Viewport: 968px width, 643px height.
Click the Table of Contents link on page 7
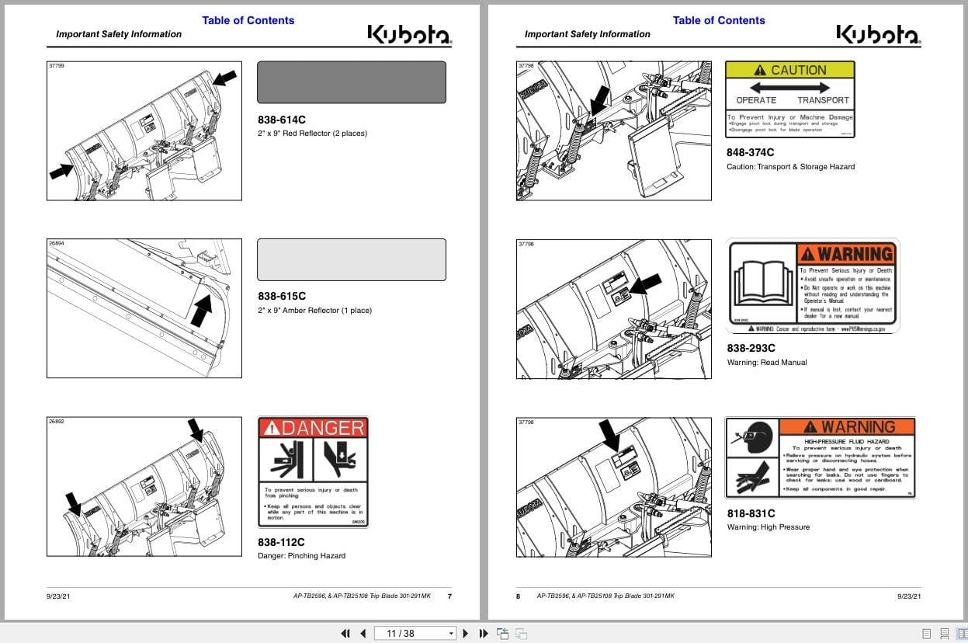click(248, 20)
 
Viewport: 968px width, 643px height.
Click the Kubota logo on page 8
click(877, 34)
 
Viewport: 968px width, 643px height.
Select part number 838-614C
click(282, 120)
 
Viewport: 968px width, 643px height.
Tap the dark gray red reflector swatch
click(351, 82)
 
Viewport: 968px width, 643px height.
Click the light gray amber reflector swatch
click(351, 259)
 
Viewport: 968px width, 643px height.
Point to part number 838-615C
click(282, 296)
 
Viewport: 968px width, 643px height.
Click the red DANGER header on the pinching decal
click(313, 427)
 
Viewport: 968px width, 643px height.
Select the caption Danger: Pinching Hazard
click(301, 555)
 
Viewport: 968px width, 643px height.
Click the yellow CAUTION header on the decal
click(789, 70)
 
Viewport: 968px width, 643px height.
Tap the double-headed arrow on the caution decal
click(789, 88)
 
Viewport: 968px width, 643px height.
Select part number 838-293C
click(751, 348)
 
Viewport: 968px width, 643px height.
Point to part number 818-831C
click(751, 513)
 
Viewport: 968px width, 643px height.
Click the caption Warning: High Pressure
click(768, 527)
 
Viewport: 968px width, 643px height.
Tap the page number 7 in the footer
click(449, 596)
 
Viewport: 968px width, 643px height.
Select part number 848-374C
click(751, 152)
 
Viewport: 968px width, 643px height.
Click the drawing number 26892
click(57, 422)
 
